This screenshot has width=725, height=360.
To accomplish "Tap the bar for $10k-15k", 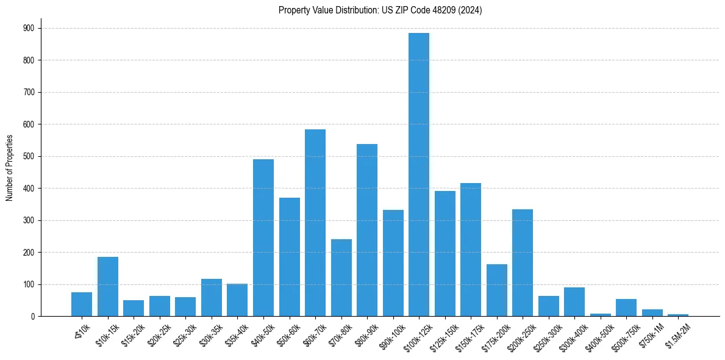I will coord(108,287).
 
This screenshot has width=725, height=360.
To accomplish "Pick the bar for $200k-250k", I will coord(523,263).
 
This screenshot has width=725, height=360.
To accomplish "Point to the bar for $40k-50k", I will coord(263,238).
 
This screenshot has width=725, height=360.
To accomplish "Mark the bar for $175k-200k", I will coord(497,290).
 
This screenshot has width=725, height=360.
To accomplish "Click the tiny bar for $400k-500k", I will coord(601,315).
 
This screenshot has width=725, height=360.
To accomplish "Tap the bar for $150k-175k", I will coord(471,250).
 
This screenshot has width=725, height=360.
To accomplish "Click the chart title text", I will coord(380,10).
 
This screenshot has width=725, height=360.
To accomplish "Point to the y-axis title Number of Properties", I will coord(10,168).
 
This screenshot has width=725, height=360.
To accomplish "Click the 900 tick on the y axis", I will coord(28,28).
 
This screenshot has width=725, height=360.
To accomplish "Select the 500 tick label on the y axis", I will coord(28,156).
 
